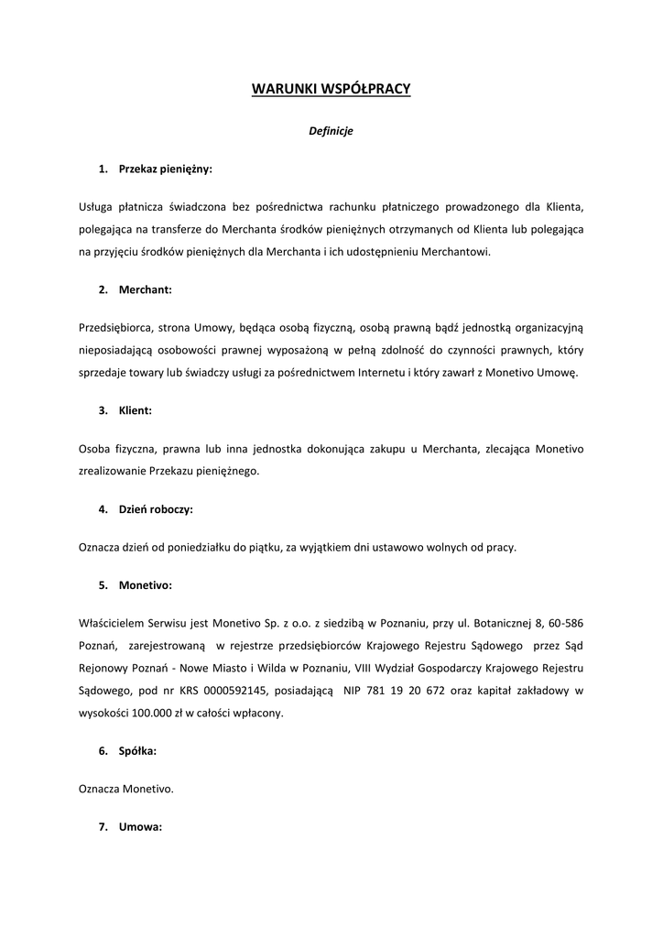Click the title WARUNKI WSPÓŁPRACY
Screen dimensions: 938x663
click(331, 89)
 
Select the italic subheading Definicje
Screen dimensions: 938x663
click(331, 131)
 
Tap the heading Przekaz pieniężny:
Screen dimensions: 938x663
click(165, 169)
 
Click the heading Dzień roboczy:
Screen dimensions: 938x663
click(156, 508)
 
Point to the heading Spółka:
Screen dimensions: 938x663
click(137, 750)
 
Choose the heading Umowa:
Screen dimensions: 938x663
click(140, 826)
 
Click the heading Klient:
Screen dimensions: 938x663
click(136, 411)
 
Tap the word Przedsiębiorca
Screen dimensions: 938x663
click(114, 326)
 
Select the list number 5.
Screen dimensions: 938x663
click(103, 584)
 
